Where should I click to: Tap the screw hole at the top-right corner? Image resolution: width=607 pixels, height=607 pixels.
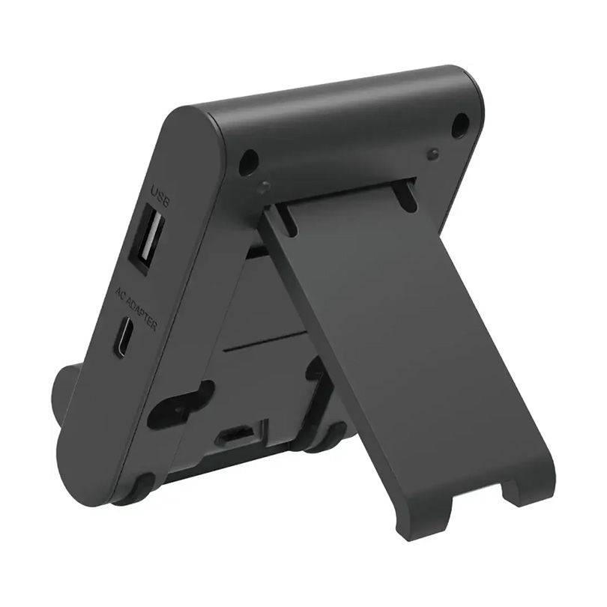pyautogui.click(x=459, y=125)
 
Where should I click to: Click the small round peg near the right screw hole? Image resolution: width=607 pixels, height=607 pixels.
pyautogui.click(x=432, y=154)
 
